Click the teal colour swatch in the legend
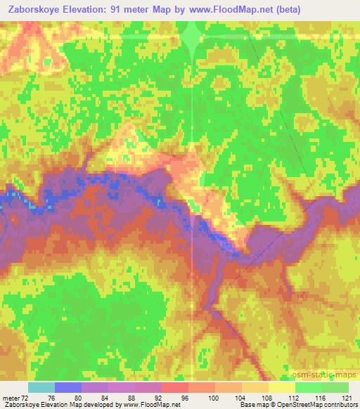pos(41,387)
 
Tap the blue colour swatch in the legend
pos(68,387)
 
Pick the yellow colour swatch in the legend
pos(281,387)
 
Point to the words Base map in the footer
pos(255,405)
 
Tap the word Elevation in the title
pos(105,9)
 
